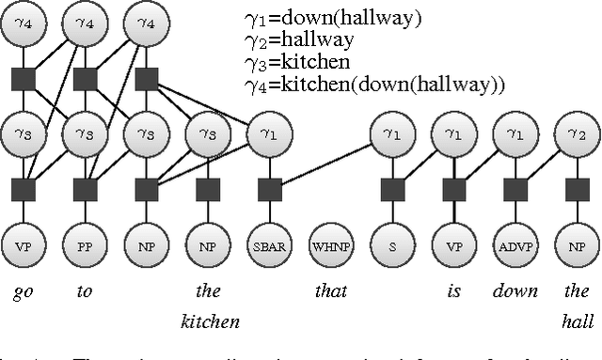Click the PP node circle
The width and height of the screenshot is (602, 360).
click(x=85, y=247)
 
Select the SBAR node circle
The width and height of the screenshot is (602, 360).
click(x=269, y=247)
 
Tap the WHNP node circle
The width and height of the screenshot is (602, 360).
click(x=330, y=247)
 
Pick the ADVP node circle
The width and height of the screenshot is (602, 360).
click(x=516, y=247)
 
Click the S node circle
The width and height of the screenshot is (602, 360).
click(x=393, y=247)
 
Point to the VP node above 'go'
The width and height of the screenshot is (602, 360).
click(x=24, y=247)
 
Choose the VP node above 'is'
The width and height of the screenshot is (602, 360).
click(x=455, y=247)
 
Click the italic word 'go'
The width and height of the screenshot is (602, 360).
click(x=24, y=292)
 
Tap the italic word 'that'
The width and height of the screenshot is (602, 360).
click(x=330, y=291)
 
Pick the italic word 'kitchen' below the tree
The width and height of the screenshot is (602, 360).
click(x=210, y=321)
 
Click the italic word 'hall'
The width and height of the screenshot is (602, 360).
click(x=578, y=321)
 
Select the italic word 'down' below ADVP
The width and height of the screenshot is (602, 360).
click(x=515, y=291)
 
